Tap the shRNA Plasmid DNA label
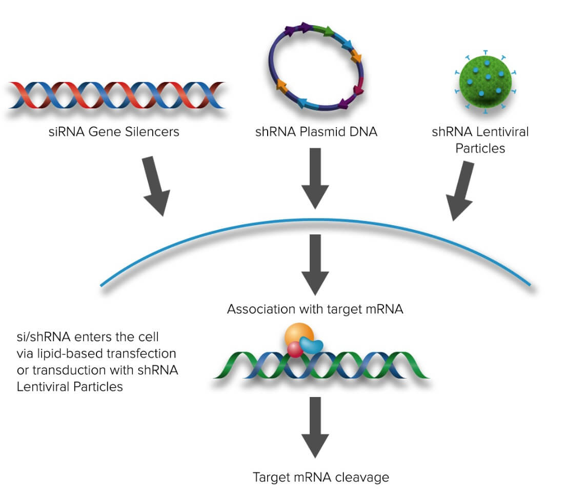click(x=316, y=132)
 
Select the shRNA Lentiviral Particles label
click(x=480, y=140)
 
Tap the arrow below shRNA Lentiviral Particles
click(x=462, y=190)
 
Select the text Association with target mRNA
click(x=315, y=309)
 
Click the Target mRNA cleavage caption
click(x=321, y=477)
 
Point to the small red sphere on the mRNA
click(x=295, y=350)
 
